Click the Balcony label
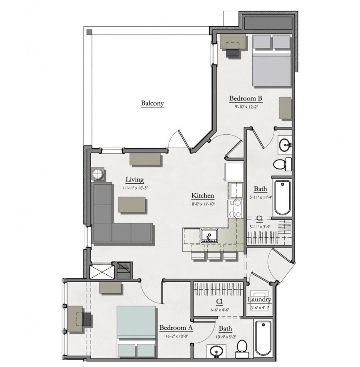point(152,103)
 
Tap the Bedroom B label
point(246,99)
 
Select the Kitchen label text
point(203,195)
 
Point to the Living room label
point(135,180)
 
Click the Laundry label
point(260,299)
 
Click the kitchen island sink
point(208,236)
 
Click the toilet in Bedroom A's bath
point(241,348)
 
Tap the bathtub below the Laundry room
point(263,338)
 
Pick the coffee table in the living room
point(132,205)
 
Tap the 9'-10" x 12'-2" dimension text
point(246,107)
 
